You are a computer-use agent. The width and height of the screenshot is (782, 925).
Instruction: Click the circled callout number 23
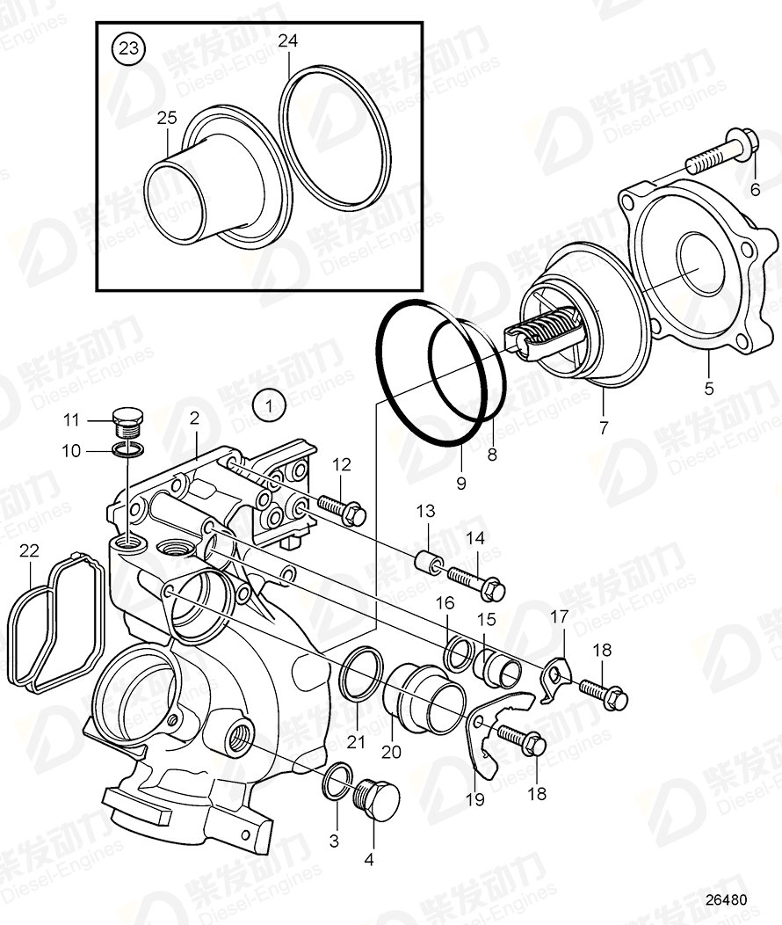(129, 48)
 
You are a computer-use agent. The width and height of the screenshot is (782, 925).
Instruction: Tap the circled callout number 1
(270, 405)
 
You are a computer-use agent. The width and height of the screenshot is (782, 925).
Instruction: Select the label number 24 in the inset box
(288, 40)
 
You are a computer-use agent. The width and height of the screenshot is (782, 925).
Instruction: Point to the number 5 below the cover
(708, 386)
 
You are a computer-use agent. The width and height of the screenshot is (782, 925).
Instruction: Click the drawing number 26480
(725, 900)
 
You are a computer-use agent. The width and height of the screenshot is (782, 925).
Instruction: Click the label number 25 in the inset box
(167, 116)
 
